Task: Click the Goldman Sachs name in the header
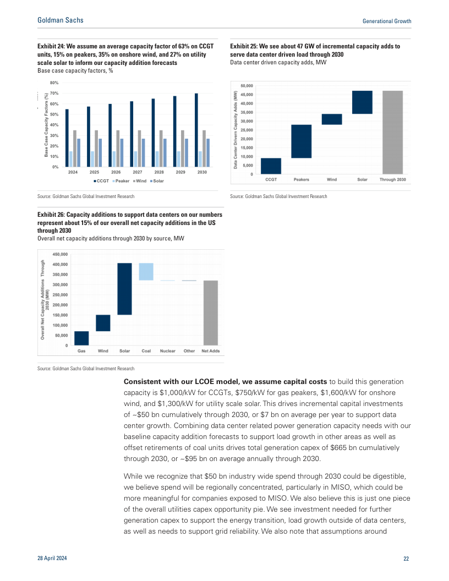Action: click(60, 20)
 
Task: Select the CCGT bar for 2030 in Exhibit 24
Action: click(196, 130)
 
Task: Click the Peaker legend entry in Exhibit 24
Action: click(121, 181)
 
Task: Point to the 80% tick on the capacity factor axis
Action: click(54, 82)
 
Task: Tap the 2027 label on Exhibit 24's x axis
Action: click(137, 172)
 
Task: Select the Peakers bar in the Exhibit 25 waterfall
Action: click(301, 141)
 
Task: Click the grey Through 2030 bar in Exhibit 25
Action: click(392, 133)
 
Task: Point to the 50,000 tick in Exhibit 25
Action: click(247, 86)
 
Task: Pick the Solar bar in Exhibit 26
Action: click(124, 289)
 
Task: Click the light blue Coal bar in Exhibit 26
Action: click(146, 272)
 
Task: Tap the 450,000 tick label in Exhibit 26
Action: click(60, 255)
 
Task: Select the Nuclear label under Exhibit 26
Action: click(168, 350)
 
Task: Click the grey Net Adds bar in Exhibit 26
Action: click(211, 313)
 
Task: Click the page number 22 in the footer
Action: click(406, 559)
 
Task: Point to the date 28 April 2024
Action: click(53, 559)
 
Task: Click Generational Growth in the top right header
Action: click(387, 21)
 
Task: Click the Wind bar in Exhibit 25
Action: click(332, 119)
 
